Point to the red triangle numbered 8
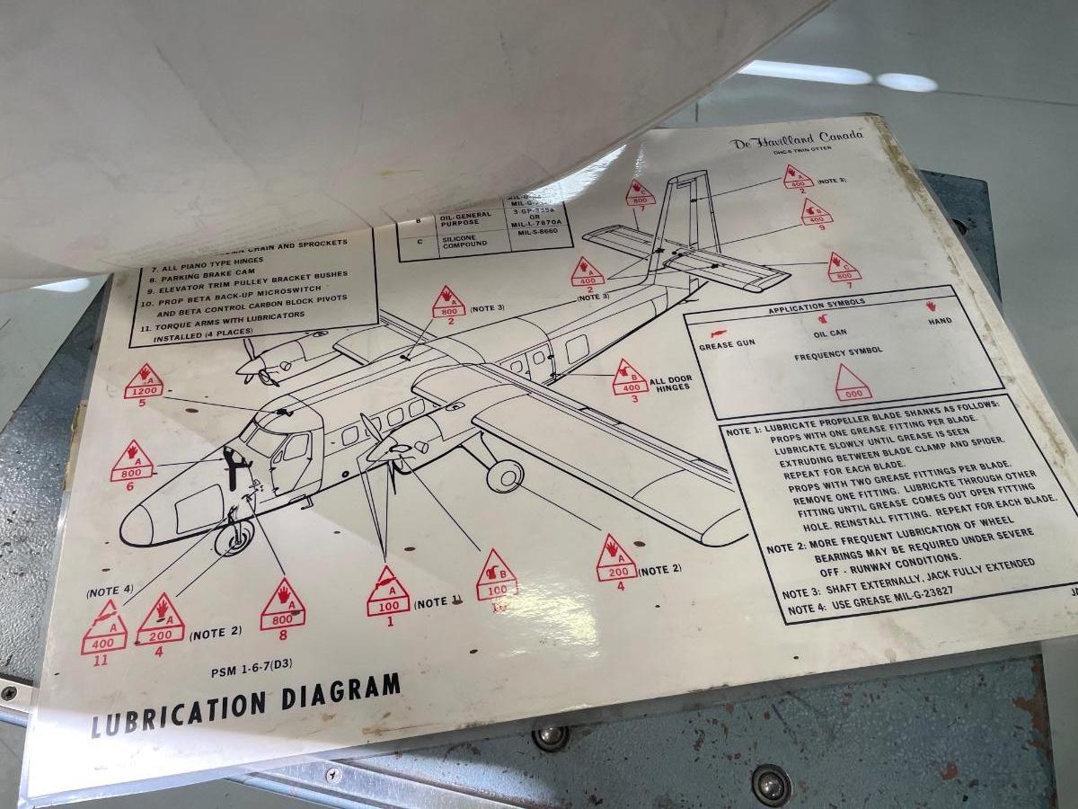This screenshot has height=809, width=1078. [x=283, y=606]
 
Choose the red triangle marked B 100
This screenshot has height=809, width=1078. [x=497, y=576]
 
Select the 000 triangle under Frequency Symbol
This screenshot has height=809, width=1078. [x=853, y=384]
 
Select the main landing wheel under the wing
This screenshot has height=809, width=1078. [x=505, y=475]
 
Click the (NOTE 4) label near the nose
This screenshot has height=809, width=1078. [x=110, y=591]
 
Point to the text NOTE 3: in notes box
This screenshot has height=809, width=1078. [x=801, y=593]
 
